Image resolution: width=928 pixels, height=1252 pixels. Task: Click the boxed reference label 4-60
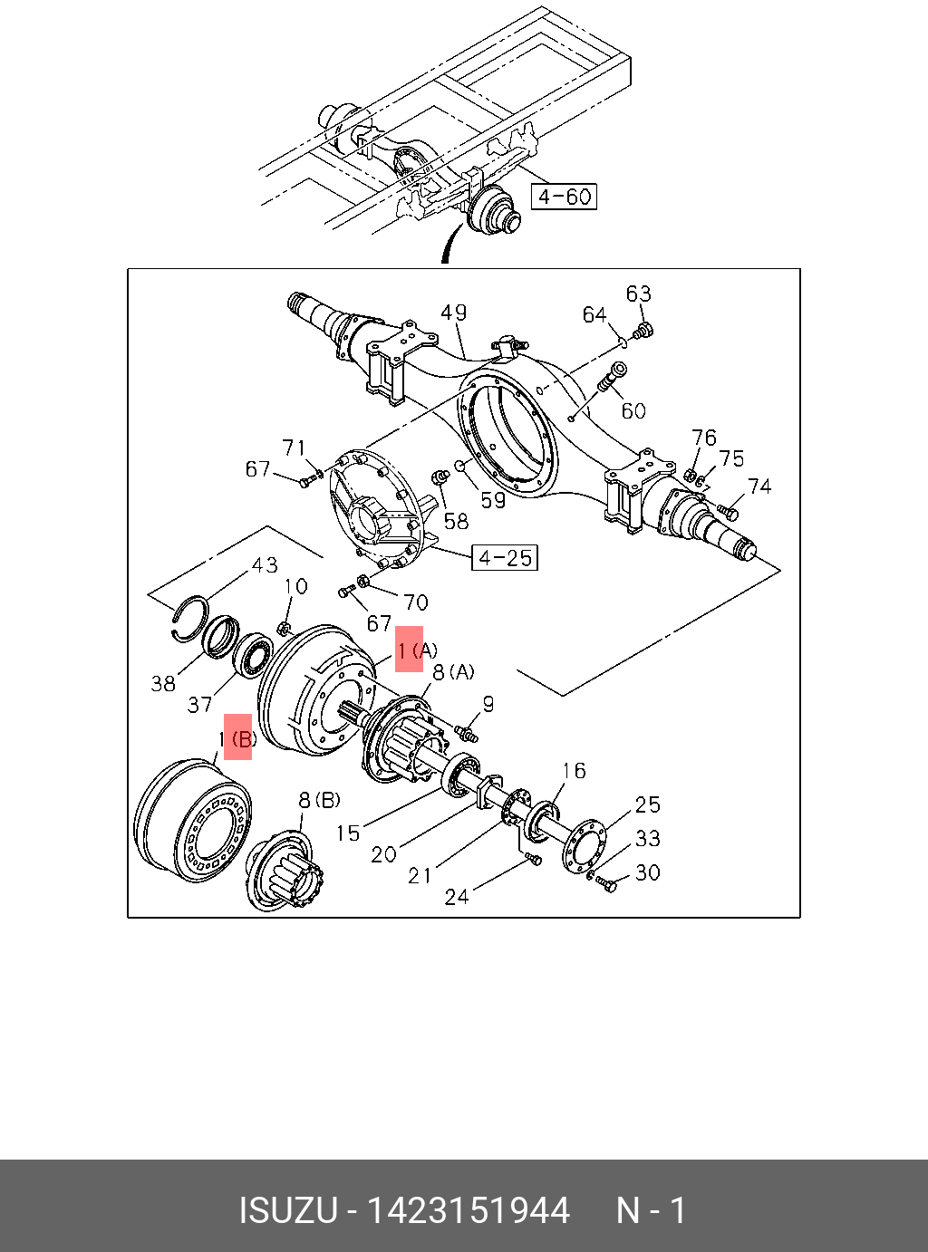point(564,196)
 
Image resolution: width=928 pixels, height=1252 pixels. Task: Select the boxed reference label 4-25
point(505,558)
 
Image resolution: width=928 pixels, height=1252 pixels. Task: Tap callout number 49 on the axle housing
point(453,313)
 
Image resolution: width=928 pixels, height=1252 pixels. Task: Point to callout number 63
point(638,294)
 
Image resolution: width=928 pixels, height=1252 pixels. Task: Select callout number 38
point(163,683)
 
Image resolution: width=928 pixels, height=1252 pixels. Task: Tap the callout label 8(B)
point(319,800)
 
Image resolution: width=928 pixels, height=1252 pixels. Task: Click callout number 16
point(574,770)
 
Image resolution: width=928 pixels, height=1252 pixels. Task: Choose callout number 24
point(457,896)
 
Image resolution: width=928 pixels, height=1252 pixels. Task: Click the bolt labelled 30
point(606,883)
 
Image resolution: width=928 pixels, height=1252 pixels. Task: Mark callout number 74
point(759,486)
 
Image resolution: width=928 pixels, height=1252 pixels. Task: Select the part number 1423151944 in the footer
point(468,1210)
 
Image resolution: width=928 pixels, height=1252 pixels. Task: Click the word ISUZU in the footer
point(287,1210)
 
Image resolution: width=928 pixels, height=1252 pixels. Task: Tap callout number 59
point(493,499)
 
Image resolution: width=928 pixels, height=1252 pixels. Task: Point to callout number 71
point(294,448)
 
